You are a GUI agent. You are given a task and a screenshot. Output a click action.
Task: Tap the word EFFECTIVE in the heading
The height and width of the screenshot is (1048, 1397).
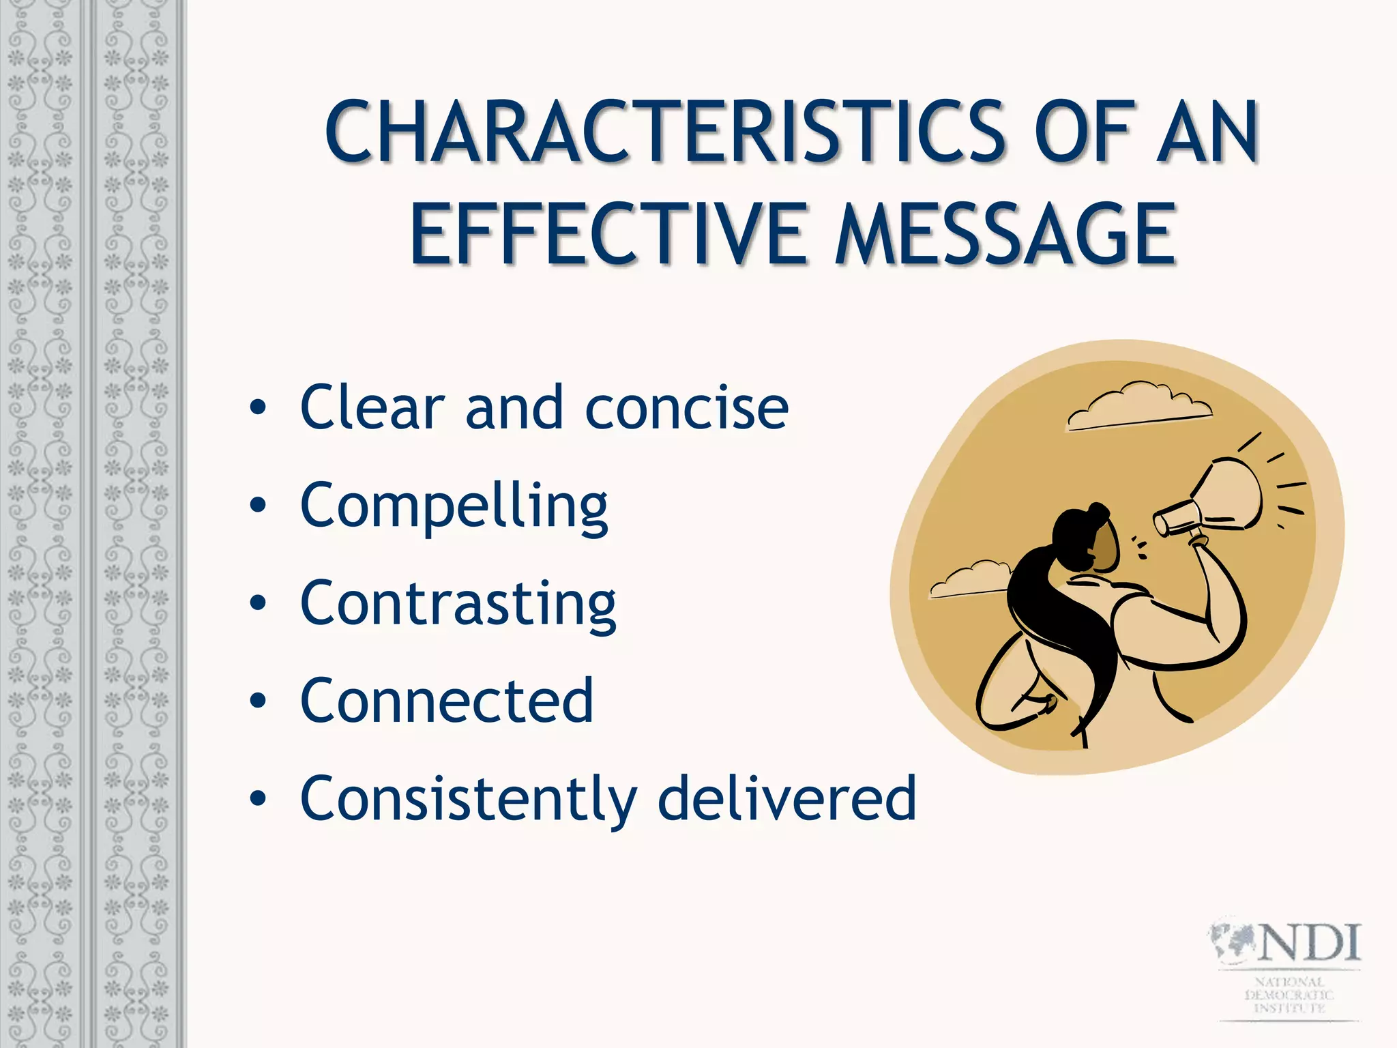coord(608,235)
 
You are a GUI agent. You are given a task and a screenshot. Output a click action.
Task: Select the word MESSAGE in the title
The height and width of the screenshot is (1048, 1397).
coord(1006,235)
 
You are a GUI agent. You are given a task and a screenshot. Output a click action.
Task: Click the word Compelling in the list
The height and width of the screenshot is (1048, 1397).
coord(454,506)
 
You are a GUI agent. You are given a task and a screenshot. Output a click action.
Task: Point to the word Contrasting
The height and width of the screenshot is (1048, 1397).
coord(458,603)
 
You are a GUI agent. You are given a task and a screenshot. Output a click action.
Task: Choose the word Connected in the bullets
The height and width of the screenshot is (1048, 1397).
coord(447,701)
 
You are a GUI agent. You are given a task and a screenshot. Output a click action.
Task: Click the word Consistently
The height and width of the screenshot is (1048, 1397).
coord(469,798)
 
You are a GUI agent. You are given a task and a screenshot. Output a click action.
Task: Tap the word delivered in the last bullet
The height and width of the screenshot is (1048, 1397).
coord(786,798)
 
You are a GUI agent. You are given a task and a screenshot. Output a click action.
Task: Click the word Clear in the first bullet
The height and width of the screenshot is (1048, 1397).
coord(372,408)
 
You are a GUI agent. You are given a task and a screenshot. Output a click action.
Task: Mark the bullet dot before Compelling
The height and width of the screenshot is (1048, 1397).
coord(257,506)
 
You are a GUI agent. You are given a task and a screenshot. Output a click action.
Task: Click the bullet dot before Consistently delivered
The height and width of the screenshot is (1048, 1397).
coord(257,798)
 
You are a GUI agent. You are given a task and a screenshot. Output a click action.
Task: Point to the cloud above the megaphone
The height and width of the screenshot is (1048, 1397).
coord(1139,405)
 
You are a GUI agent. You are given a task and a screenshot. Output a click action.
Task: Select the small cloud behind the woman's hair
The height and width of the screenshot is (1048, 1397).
coord(969,580)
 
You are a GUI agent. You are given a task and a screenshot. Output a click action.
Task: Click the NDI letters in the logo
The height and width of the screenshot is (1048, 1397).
coord(1310,943)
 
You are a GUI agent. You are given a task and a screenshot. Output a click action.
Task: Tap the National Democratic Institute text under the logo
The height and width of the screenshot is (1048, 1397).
coord(1289,995)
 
